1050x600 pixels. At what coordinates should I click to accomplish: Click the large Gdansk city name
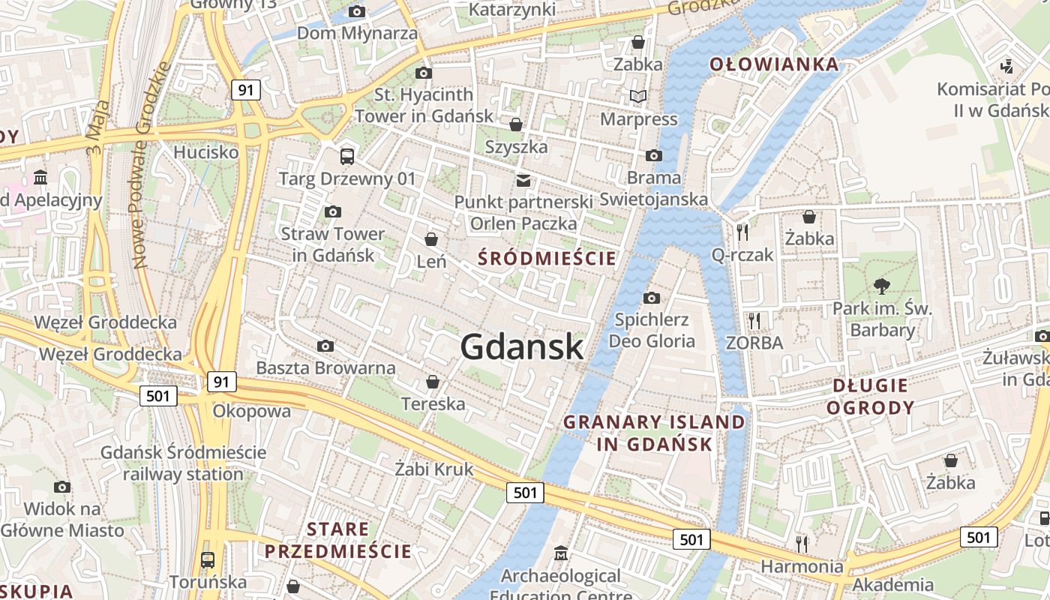click(521, 346)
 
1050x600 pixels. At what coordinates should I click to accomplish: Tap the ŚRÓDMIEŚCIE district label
click(547, 259)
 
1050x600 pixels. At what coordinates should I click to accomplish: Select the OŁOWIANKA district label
click(775, 64)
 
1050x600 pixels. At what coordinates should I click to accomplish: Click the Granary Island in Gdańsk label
click(654, 433)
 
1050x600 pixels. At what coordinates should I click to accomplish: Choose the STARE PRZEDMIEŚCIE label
click(337, 540)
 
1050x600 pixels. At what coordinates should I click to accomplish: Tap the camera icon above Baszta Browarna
click(325, 346)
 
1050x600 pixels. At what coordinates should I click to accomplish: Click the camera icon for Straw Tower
click(333, 211)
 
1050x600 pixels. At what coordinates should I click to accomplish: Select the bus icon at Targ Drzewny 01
click(346, 156)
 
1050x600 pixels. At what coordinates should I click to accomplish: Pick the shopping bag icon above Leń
click(431, 239)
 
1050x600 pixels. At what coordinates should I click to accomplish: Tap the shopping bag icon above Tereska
click(432, 382)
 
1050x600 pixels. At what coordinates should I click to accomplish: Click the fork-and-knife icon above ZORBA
click(754, 320)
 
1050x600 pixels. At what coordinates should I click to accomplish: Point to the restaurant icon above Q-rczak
click(742, 232)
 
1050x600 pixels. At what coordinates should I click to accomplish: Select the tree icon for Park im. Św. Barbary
click(882, 285)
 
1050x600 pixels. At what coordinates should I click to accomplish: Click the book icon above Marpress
click(638, 96)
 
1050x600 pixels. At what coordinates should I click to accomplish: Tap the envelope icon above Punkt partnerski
click(523, 180)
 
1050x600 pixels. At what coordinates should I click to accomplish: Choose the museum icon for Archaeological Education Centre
click(560, 553)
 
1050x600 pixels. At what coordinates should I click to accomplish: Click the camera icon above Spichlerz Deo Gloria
click(652, 298)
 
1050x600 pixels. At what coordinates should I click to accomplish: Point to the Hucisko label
click(205, 152)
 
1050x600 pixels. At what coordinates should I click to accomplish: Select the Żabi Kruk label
click(434, 469)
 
